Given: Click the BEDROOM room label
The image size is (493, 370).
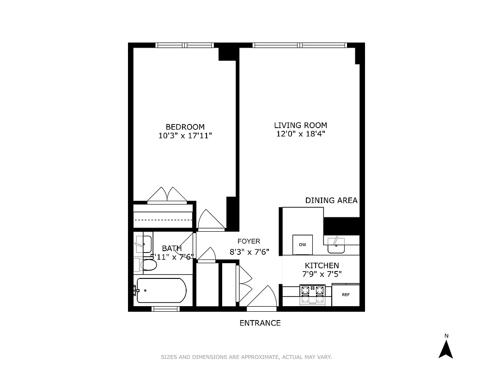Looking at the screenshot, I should pyautogui.click(x=185, y=127).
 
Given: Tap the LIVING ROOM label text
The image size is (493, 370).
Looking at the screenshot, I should pyautogui.click(x=300, y=125).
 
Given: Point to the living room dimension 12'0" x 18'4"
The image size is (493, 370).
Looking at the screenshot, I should pyautogui.click(x=300, y=134).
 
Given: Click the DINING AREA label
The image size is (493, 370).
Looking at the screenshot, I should pyautogui.click(x=331, y=200).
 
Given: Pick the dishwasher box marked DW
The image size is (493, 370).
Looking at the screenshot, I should pyautogui.click(x=303, y=244).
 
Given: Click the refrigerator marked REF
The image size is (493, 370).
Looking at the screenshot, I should pyautogui.click(x=346, y=295).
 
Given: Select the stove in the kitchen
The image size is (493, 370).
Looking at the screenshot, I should pyautogui.click(x=313, y=294).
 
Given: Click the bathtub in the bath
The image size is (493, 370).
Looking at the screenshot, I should pyautogui.click(x=162, y=290).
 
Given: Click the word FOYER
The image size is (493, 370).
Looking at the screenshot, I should pyautogui.click(x=249, y=241).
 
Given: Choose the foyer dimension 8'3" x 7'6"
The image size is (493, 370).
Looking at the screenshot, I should pyautogui.click(x=249, y=252).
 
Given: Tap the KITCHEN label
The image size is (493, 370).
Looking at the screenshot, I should pyautogui.click(x=322, y=265).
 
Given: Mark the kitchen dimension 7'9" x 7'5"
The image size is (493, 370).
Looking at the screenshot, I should pyautogui.click(x=322, y=274).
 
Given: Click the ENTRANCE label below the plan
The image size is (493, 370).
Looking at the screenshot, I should pyautogui.click(x=260, y=323).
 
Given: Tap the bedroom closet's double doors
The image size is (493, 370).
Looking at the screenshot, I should pyautogui.click(x=167, y=195).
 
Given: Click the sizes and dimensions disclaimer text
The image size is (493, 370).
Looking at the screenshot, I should pyautogui.click(x=246, y=357).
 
